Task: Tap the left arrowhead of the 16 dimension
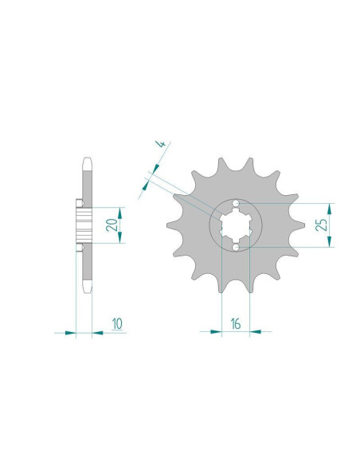pyautogui.click(x=216, y=332)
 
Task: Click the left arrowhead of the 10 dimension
pyautogui.click(x=71, y=332)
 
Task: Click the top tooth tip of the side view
pyautogui.click(x=86, y=157)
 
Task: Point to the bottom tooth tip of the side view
pyautogui.click(x=86, y=295)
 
